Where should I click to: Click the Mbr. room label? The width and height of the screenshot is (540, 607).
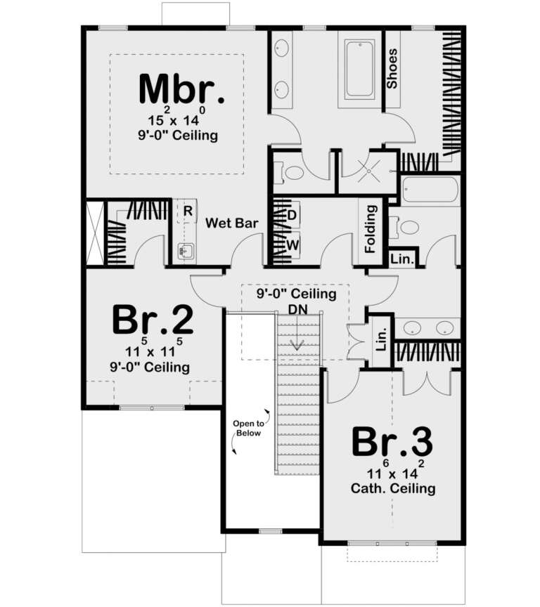click(182, 89)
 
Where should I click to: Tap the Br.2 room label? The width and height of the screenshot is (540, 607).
click(153, 320)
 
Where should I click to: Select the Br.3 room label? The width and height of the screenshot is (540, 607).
click(392, 441)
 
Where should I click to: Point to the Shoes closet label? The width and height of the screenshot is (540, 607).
click(392, 68)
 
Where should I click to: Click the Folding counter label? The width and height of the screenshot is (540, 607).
click(371, 228)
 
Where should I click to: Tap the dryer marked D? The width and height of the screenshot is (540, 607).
click(292, 213)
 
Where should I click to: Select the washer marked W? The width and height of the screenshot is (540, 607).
click(292, 244)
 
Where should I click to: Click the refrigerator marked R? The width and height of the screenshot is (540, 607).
click(188, 210)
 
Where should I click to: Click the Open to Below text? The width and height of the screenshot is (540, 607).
click(248, 428)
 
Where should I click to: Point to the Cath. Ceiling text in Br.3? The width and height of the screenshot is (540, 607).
click(392, 488)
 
